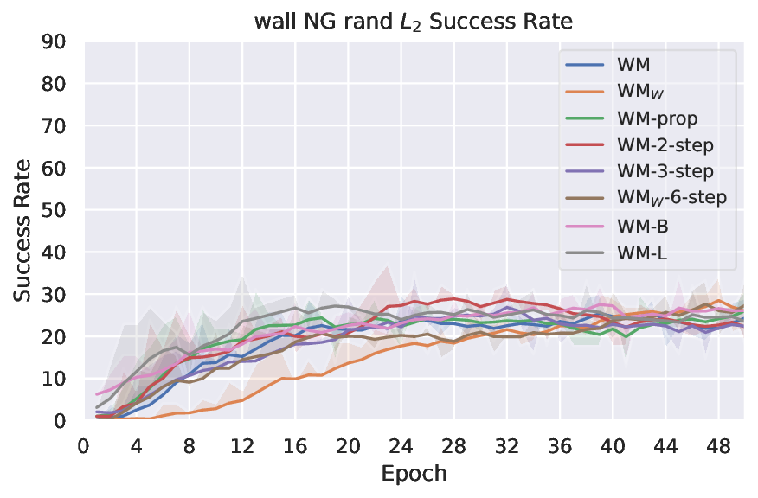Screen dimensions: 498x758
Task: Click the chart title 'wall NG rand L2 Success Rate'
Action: coord(413,21)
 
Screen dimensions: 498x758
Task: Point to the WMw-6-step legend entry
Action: coord(657,197)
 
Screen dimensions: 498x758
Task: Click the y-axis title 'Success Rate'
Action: coord(22,231)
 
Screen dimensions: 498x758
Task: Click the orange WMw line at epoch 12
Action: coord(241,399)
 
